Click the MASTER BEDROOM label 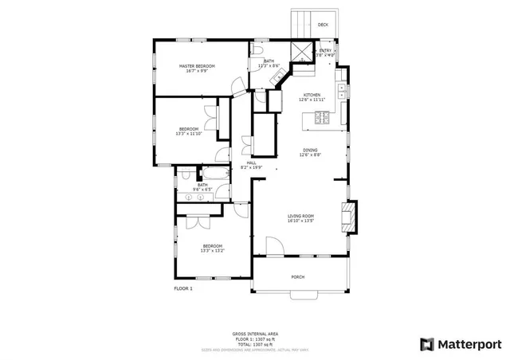tap(192, 65)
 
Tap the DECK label tap(323, 25)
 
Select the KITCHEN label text tap(311, 95)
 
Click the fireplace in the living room tap(347, 215)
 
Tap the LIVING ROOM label tap(300, 216)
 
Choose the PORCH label tap(297, 276)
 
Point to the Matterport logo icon tap(427, 344)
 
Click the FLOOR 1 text tap(183, 288)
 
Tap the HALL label tap(251, 162)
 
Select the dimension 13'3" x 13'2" tap(212, 251)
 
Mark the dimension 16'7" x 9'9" tap(192, 71)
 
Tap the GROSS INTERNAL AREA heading tap(255, 334)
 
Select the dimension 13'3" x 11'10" tap(189, 134)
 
